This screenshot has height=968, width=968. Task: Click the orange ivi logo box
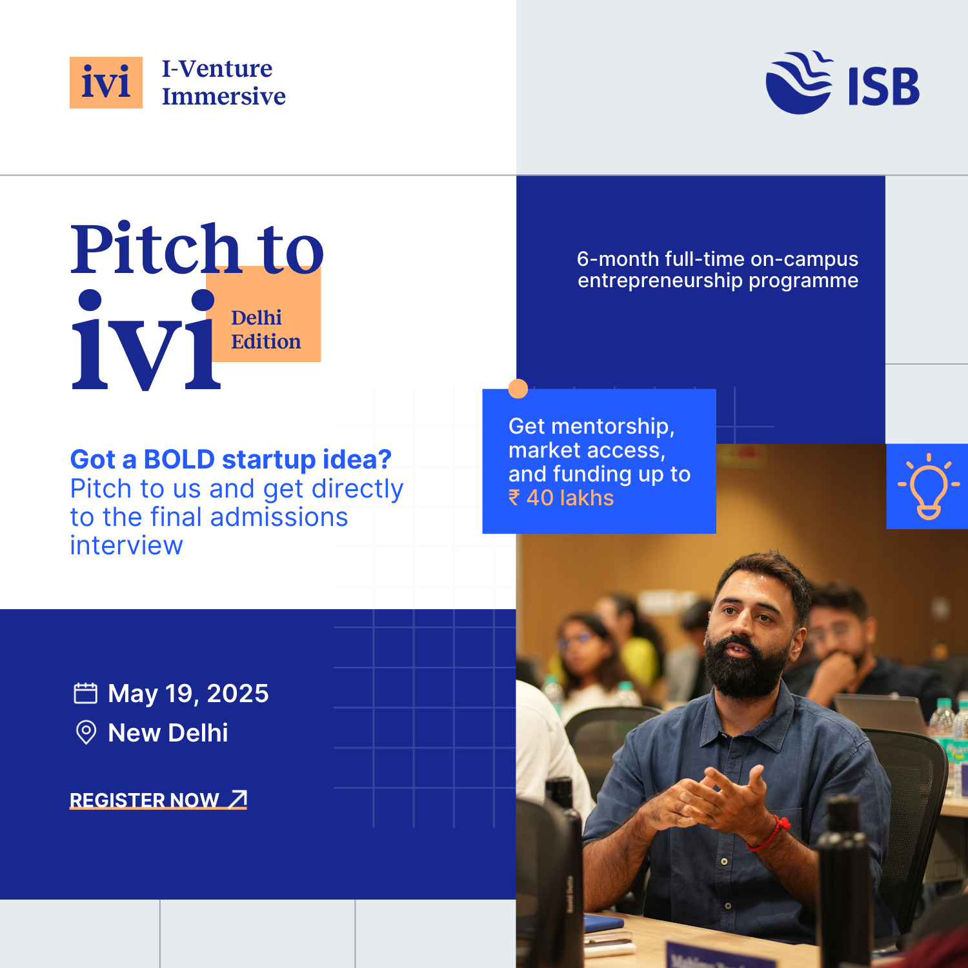[x=106, y=83]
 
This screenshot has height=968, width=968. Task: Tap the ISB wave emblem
[x=799, y=83]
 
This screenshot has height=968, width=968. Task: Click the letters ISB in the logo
[x=883, y=86]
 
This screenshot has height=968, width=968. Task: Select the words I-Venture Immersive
[x=223, y=83]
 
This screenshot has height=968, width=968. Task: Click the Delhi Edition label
[x=266, y=329]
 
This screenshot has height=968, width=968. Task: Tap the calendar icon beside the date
[x=85, y=693]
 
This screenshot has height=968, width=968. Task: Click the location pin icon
[x=86, y=732]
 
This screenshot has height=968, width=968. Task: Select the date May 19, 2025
[x=188, y=694]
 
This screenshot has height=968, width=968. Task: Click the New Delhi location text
[x=168, y=733]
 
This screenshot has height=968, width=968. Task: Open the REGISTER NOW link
[x=158, y=800]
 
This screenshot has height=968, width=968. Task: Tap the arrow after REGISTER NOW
[x=238, y=798]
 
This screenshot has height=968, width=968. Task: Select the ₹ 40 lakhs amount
[x=561, y=498]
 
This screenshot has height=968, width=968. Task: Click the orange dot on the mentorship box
[x=518, y=388]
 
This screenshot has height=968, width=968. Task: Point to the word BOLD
[x=179, y=459]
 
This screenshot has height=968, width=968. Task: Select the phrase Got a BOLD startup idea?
[x=231, y=459]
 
